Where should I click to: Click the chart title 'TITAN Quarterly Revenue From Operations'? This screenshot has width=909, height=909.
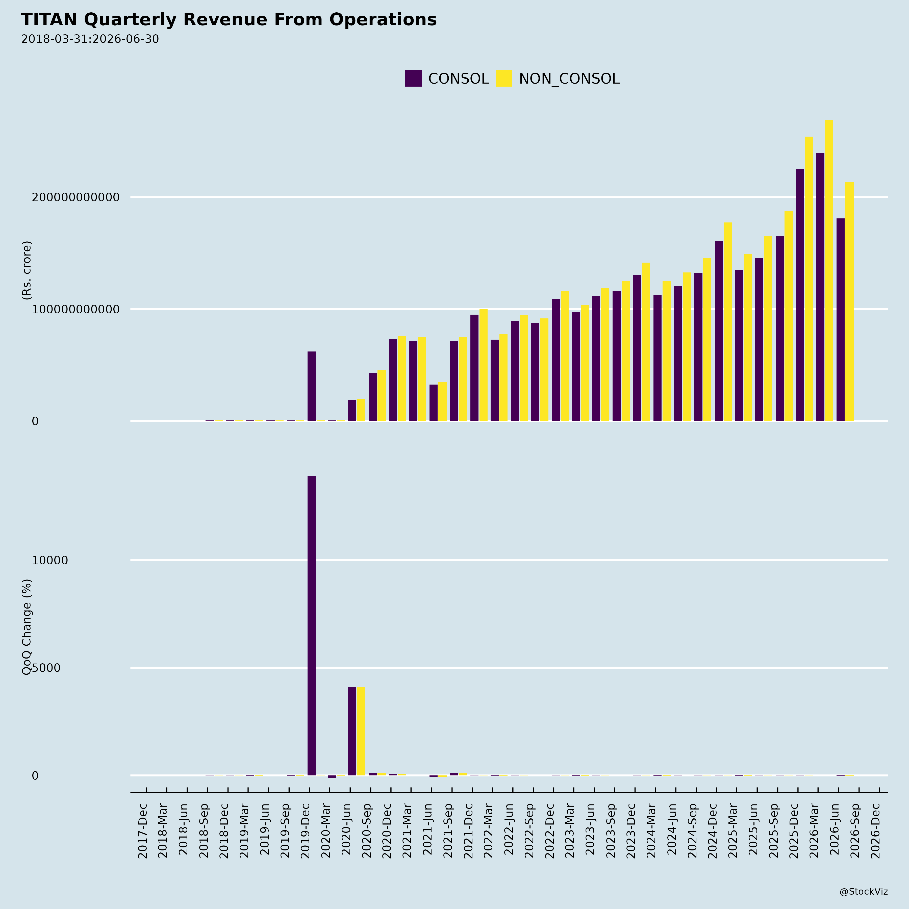point(229,20)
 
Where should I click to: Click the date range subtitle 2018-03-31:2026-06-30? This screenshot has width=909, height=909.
point(90,39)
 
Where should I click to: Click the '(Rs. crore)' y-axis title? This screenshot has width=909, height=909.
point(27,270)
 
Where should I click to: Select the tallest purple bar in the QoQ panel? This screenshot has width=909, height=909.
point(312,626)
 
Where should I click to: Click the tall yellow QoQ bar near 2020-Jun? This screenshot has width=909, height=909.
point(361,731)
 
